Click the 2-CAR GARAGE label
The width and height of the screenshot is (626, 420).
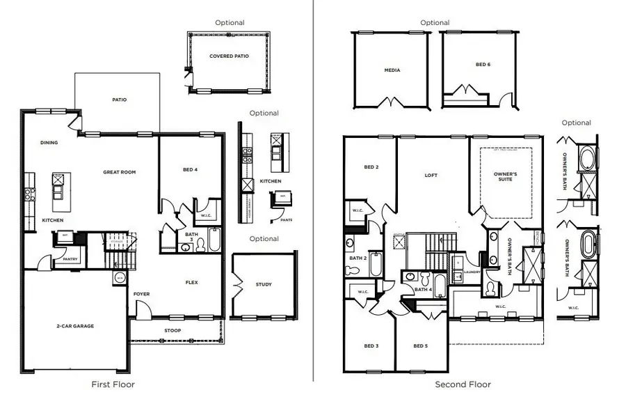click(74, 326)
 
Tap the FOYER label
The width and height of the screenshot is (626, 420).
click(142, 294)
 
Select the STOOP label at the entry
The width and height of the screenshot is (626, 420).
click(172, 330)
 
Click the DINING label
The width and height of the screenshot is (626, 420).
click(49, 143)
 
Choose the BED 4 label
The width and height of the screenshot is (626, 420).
click(191, 169)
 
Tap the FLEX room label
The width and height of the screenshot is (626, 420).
click(192, 283)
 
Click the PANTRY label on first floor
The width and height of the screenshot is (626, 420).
click(70, 259)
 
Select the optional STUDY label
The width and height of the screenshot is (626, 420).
click(264, 284)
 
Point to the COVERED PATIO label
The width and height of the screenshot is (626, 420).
click(229, 56)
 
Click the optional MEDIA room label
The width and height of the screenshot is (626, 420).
click(392, 70)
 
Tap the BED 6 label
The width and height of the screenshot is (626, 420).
click(483, 65)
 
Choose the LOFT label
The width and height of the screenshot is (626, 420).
click(431, 176)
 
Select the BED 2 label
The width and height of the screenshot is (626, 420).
click(371, 167)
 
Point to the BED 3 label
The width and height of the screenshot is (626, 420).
click(371, 346)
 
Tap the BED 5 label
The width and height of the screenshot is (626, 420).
click(421, 346)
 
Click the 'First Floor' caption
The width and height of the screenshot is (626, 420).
click(113, 384)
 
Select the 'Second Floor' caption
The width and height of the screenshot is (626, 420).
click(463, 384)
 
